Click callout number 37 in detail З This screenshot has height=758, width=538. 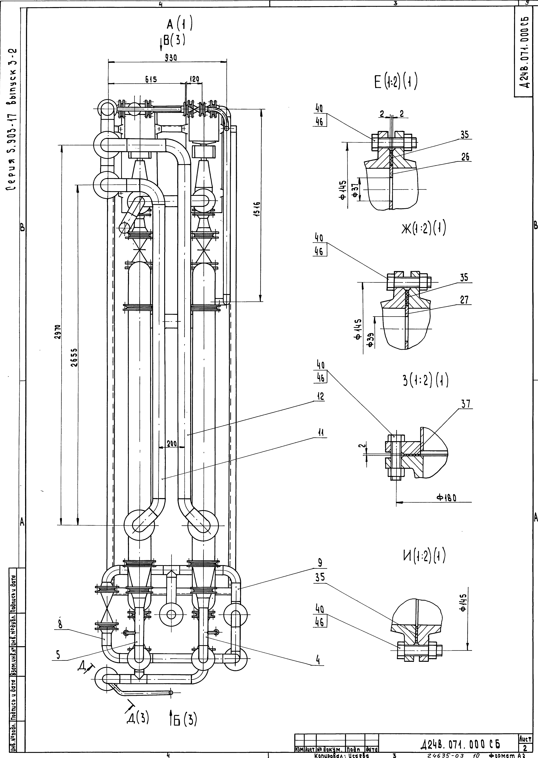465,404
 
